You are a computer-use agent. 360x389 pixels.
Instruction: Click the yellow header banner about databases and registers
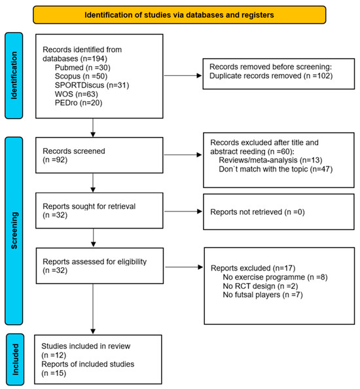point(179,15)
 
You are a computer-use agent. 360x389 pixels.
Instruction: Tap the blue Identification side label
point(14,76)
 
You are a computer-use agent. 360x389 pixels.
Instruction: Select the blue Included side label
point(15,360)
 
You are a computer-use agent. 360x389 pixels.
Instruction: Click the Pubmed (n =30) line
point(82,67)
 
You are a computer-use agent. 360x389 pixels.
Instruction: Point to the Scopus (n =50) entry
point(81,76)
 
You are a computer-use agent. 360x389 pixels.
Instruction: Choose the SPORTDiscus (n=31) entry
point(92,85)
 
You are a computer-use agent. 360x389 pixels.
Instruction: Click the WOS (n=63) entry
point(77,94)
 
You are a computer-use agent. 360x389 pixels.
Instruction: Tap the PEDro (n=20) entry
point(79,103)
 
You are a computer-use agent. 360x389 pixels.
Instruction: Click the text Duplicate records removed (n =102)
point(271,76)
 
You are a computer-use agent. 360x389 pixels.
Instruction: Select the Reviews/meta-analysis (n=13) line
point(270,160)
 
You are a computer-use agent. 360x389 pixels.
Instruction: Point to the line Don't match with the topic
point(276,169)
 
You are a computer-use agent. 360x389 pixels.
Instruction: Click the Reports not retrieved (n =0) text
point(257,212)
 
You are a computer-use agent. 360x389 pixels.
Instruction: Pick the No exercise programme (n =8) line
point(275,277)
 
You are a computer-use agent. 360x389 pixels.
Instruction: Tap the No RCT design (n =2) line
point(261,286)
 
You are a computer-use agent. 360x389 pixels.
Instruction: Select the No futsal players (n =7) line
point(263,295)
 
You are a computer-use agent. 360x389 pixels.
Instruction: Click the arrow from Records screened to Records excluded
point(183,155)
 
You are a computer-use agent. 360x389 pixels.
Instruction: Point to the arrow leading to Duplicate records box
point(183,75)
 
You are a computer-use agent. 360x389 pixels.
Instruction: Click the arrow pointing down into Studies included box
point(93,309)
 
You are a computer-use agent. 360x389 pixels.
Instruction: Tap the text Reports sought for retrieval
point(89,206)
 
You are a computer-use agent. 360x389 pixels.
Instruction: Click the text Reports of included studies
point(88,364)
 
